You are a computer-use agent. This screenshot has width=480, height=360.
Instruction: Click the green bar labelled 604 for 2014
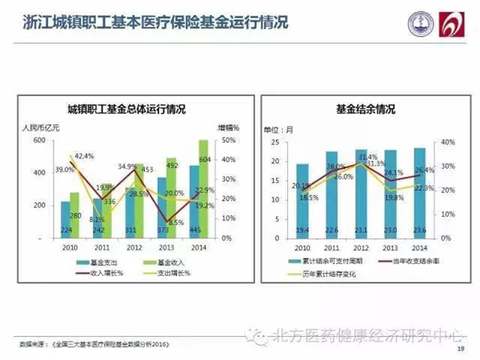(x=204, y=189)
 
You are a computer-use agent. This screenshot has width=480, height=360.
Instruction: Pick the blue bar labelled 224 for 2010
(x=66, y=220)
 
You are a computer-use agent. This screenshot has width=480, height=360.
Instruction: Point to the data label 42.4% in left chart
(x=84, y=156)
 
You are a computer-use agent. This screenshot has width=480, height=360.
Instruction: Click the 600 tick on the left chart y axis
(x=39, y=141)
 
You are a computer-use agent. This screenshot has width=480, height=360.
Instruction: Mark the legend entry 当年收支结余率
(x=397, y=262)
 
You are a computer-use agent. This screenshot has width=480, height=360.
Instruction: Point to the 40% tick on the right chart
(x=447, y=142)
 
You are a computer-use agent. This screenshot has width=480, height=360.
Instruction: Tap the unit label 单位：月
(x=278, y=128)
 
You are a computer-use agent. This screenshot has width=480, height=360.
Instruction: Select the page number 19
(x=460, y=349)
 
